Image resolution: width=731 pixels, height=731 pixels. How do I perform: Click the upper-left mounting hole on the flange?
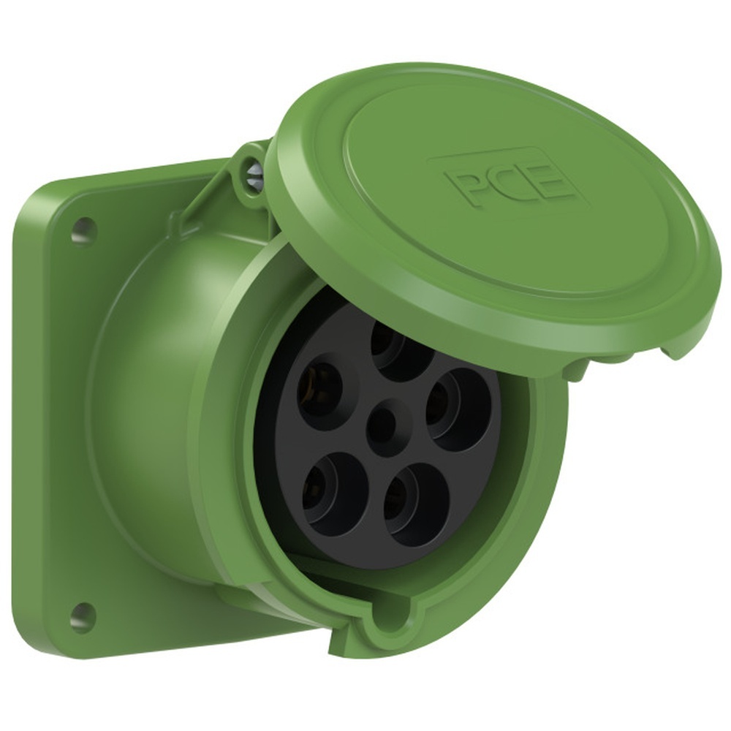point(84,230)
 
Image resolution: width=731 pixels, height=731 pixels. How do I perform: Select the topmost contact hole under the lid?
point(401,349)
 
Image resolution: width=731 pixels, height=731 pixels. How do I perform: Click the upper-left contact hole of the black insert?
point(320,390)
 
